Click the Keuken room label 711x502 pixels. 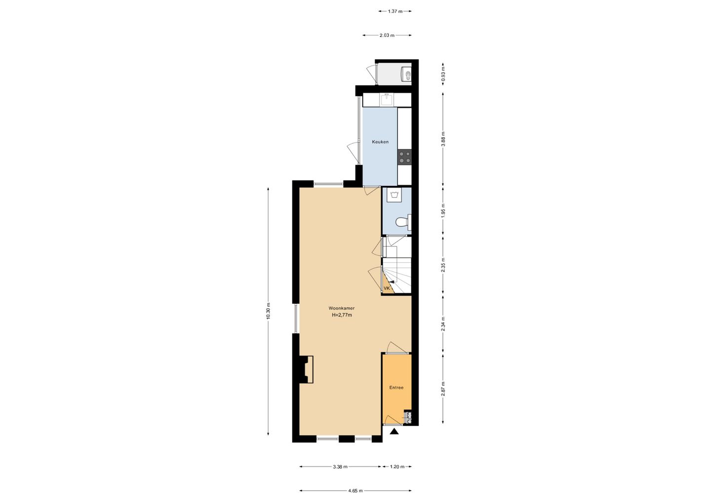[x=380, y=142]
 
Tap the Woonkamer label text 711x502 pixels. [x=342, y=308]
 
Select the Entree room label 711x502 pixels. [x=396, y=388]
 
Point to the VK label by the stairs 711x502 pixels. [x=387, y=288]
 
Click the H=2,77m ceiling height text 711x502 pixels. [x=342, y=315]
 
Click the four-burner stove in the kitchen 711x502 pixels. [x=405, y=157]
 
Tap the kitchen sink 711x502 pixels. [x=387, y=100]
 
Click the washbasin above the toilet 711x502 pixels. [x=395, y=195]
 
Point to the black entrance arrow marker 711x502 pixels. [x=394, y=432]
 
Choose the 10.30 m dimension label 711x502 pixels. [x=269, y=311]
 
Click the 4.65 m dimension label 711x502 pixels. [x=355, y=491]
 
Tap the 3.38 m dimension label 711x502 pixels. [x=340, y=466]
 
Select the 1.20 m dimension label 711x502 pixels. [x=397, y=466]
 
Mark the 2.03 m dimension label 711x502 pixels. [x=387, y=36]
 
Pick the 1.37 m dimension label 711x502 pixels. [x=395, y=11]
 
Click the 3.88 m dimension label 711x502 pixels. [x=443, y=138]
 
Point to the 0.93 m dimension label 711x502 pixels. [x=443, y=74]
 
